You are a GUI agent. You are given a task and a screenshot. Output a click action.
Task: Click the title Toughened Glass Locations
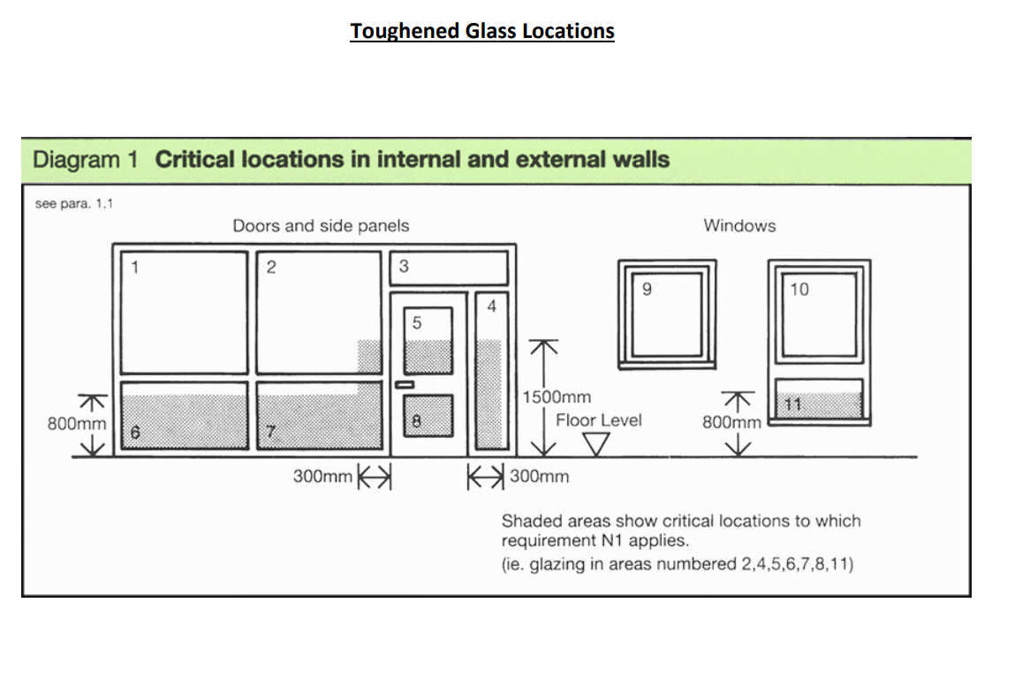481,31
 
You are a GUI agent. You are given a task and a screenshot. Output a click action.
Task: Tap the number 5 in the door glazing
417,323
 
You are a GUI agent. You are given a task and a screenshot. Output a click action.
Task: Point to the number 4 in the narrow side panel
492,306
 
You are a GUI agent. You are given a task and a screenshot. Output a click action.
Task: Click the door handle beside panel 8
405,385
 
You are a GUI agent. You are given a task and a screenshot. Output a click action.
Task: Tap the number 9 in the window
647,289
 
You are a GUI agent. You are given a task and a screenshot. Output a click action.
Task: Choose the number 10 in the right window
799,290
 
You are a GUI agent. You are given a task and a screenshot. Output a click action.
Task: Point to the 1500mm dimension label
557,397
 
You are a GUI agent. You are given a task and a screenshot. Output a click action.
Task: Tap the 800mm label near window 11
731,422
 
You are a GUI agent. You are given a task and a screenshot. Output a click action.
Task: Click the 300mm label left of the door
322,477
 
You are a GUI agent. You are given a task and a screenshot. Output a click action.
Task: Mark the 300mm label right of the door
540,477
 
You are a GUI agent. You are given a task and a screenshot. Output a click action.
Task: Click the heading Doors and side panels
321,226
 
